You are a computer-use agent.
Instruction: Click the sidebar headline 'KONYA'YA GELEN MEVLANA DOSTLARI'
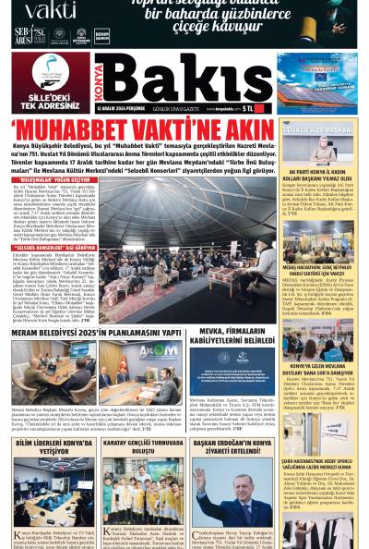coord(319,370)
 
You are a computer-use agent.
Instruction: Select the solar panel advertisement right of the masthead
coord(317,81)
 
